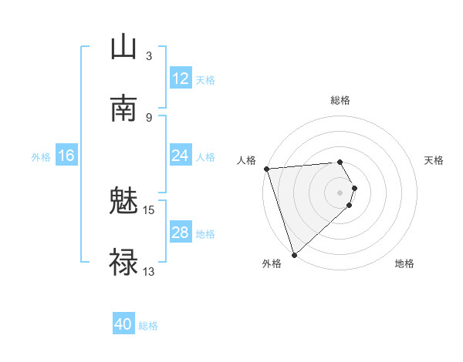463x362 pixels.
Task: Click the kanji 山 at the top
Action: pyautogui.click(x=123, y=47)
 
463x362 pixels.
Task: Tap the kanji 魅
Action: pyautogui.click(x=123, y=201)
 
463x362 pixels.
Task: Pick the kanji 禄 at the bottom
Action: pyautogui.click(x=123, y=263)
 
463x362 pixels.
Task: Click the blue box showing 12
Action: pyautogui.click(x=180, y=79)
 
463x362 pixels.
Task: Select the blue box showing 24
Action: pyautogui.click(x=180, y=156)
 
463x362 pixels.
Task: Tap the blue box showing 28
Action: pyautogui.click(x=180, y=233)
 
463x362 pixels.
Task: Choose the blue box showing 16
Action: pyautogui.click(x=66, y=156)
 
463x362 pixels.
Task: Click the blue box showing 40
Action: pyautogui.click(x=123, y=324)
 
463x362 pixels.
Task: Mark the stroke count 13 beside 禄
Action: pyautogui.click(x=149, y=271)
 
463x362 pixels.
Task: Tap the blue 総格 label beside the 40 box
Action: pyautogui.click(x=149, y=326)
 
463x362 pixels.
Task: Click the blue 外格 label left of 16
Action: pyautogui.click(x=41, y=157)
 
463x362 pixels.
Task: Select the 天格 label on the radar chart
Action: pyautogui.click(x=434, y=160)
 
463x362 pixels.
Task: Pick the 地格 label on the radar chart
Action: pyautogui.click(x=404, y=263)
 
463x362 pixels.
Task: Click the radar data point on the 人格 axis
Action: pyautogui.click(x=266, y=169)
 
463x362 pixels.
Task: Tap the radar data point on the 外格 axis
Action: pyautogui.click(x=294, y=254)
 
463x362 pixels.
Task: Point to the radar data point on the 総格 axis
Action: pyautogui.click(x=340, y=162)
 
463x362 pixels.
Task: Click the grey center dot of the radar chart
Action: pyautogui.click(x=340, y=192)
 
